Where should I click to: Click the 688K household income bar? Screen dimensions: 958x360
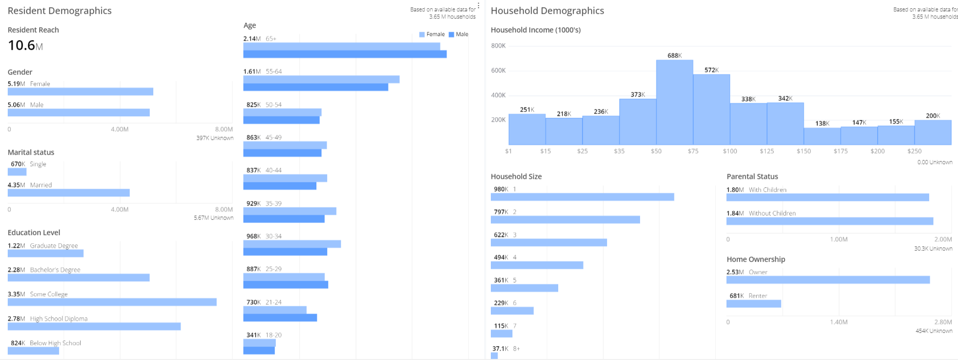[x=675, y=102]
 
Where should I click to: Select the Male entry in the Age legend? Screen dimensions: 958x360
[x=458, y=34]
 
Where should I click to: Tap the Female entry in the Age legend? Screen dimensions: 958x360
[x=432, y=34]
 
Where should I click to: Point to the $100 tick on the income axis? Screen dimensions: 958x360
[x=730, y=151]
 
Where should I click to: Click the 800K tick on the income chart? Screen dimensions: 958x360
[x=498, y=46]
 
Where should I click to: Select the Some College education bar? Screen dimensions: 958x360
[x=112, y=302]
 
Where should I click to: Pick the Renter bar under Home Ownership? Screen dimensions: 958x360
[x=754, y=304]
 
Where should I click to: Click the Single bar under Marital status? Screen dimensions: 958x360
[x=17, y=172]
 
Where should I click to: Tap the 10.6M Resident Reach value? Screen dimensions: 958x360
[x=25, y=45]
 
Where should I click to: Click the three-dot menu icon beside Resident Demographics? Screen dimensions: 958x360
[x=478, y=6]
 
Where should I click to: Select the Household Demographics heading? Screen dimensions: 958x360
[x=547, y=11]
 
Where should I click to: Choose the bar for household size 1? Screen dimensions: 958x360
[x=582, y=197]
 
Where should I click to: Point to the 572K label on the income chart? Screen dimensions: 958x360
[x=712, y=70]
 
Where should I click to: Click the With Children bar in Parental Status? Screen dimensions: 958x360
[x=828, y=197]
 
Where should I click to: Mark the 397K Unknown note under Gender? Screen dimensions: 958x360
[x=215, y=138]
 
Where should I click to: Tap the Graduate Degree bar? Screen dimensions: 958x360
[x=45, y=253]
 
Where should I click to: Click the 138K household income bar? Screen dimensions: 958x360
[x=822, y=136]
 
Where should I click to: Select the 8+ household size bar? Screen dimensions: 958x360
[x=494, y=355]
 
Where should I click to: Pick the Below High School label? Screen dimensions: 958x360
[x=56, y=343]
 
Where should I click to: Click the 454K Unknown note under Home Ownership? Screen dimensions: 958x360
[x=934, y=331]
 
